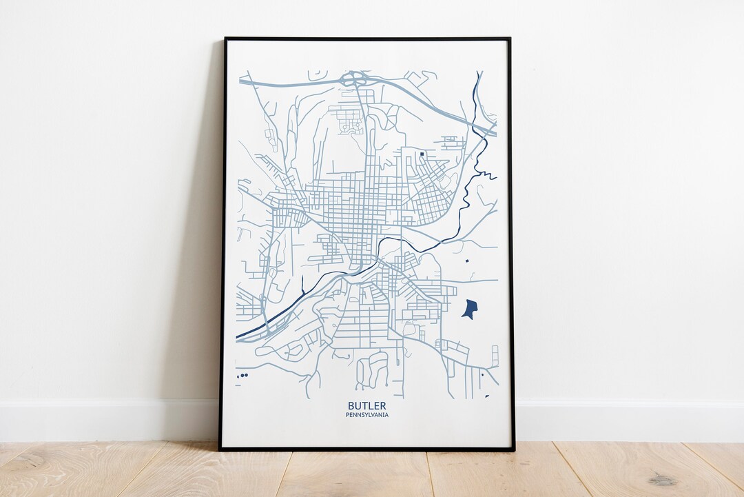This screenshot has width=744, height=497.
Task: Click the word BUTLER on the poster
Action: pyautogui.click(x=366, y=406)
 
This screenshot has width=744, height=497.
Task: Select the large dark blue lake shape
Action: pyautogui.click(x=469, y=308)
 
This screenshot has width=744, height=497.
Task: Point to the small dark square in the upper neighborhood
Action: pyautogui.click(x=422, y=154)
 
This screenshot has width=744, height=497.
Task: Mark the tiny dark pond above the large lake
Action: pyautogui.click(x=466, y=261)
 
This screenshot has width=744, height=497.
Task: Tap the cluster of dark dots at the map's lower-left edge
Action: pyautogui.click(x=242, y=375)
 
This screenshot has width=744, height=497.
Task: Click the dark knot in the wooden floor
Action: pyautogui.click(x=662, y=479)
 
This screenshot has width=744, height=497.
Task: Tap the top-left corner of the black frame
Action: pyautogui.click(x=225, y=39)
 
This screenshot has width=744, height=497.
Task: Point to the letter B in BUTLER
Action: pyautogui.click(x=351, y=406)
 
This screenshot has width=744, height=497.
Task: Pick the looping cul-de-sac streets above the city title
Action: pyautogui.click(x=372, y=369)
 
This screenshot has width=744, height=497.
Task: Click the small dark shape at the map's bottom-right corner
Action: pyautogui.click(x=487, y=396)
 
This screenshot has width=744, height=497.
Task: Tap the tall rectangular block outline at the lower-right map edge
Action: pyautogui.click(x=494, y=356)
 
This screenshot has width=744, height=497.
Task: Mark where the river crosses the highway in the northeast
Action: pyautogui.click(x=480, y=123)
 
